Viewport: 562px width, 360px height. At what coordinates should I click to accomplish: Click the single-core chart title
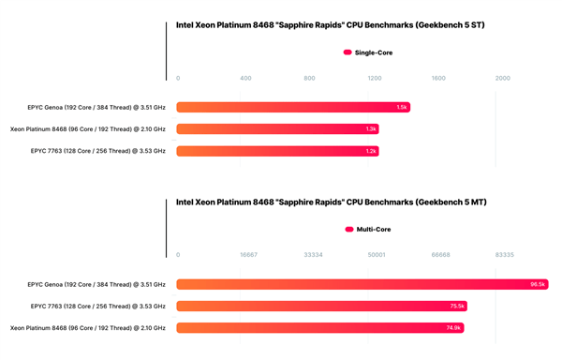pyautogui.click(x=331, y=25)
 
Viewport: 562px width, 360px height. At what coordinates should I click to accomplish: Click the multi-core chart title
pyautogui.click(x=331, y=202)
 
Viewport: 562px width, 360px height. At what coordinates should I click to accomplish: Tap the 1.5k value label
pyautogui.click(x=401, y=108)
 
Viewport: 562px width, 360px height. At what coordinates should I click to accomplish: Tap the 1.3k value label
pyautogui.click(x=371, y=129)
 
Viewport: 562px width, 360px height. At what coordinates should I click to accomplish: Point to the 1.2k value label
pyautogui.click(x=371, y=151)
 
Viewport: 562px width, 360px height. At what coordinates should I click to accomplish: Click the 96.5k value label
pyautogui.click(x=538, y=284)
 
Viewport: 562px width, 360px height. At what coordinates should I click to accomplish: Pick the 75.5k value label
pyautogui.click(x=457, y=306)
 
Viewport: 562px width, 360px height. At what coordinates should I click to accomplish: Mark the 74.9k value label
pyautogui.click(x=454, y=327)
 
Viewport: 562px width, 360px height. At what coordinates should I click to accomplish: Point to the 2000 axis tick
pyautogui.click(x=503, y=78)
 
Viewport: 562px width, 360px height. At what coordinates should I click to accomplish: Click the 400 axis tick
pyautogui.click(x=245, y=78)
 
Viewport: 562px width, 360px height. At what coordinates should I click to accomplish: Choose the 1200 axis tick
pyautogui.click(x=375, y=78)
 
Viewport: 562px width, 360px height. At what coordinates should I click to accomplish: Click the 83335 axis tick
pyautogui.click(x=503, y=254)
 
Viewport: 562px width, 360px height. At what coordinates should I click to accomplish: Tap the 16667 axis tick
pyautogui.click(x=248, y=254)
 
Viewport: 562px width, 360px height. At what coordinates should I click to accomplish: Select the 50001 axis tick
pyautogui.click(x=377, y=254)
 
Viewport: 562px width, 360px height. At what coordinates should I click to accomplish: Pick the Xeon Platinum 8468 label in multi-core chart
pyautogui.click(x=88, y=327)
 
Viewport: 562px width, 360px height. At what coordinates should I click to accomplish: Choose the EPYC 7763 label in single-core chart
pyautogui.click(x=98, y=151)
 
